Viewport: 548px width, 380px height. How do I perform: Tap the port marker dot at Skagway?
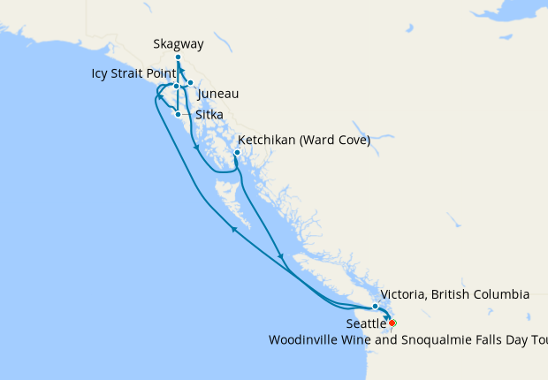(x=178, y=57)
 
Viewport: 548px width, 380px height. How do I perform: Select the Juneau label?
(x=217, y=94)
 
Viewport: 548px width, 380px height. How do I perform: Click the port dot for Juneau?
(x=190, y=83)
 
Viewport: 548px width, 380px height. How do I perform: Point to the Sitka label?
(x=209, y=115)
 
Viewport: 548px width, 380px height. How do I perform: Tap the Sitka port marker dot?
(x=179, y=114)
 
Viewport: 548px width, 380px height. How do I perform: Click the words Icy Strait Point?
(x=133, y=73)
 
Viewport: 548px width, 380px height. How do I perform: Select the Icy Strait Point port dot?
(x=177, y=87)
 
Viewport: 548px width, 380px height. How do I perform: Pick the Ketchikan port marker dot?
(x=237, y=152)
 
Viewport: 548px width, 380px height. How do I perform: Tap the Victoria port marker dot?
(x=376, y=307)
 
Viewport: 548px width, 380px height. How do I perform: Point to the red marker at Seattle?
(x=392, y=323)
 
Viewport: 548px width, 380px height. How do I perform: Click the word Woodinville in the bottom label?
(x=307, y=339)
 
